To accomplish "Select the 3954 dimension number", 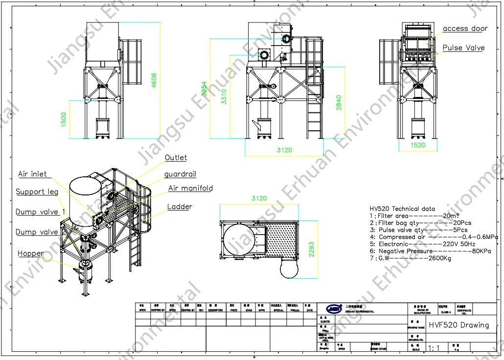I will tap(205, 88).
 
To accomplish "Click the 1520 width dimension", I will tap(417, 145).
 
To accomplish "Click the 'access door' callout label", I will tap(465, 29).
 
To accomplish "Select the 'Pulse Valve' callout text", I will tap(463, 48).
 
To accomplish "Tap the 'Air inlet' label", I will tap(32, 174).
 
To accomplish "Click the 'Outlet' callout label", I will tap(176, 158).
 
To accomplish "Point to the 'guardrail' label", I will tap(180, 174).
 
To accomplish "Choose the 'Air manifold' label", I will tap(190, 188).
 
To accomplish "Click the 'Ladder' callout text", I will tap(180, 207).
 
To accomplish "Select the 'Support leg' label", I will tap(37, 192).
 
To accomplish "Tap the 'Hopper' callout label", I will tap(30, 253).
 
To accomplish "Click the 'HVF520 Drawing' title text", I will tap(458, 325).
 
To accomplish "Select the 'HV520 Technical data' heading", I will tap(402, 209).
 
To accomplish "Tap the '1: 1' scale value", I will tap(434, 348).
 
